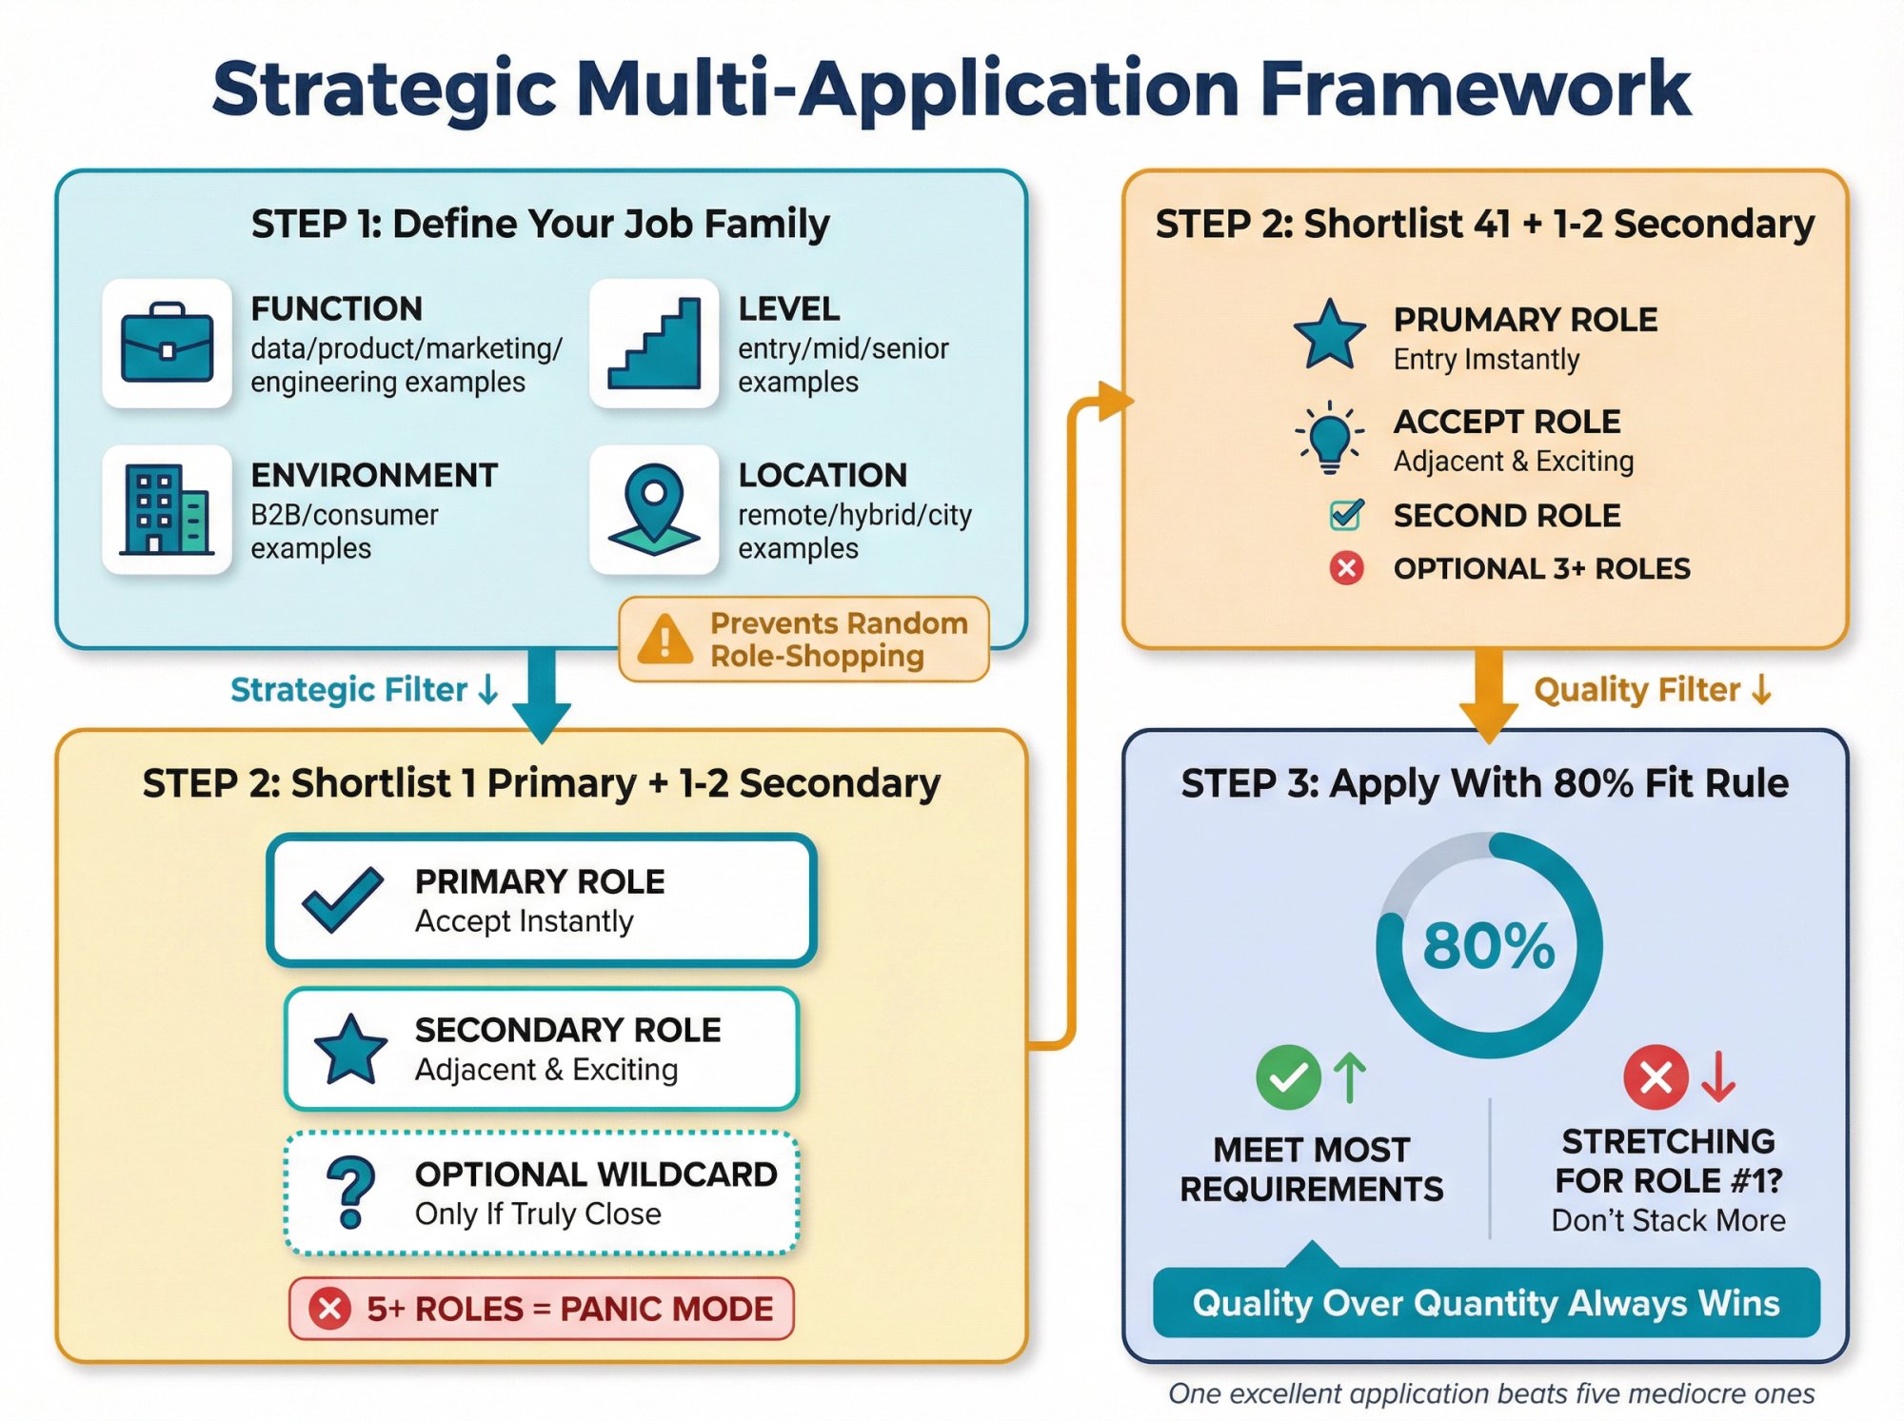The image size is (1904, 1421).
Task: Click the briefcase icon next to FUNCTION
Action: click(167, 344)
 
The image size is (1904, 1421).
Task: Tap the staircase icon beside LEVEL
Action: click(654, 344)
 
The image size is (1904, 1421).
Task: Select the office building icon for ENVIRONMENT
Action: click(167, 510)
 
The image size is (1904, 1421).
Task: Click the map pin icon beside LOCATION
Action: click(654, 510)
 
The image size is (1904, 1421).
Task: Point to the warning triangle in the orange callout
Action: click(664, 640)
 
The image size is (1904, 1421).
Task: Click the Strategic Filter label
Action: click(349, 690)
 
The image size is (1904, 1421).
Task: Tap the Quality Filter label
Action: click(1636, 690)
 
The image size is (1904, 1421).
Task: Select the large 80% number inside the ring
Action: click(1489, 946)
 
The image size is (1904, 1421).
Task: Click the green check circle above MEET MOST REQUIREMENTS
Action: click(1288, 1077)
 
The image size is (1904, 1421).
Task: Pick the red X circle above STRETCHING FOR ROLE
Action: click(1656, 1077)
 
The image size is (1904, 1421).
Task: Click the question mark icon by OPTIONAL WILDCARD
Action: click(350, 1193)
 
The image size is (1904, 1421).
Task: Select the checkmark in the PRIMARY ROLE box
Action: click(342, 899)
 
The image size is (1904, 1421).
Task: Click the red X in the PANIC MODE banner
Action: click(330, 1309)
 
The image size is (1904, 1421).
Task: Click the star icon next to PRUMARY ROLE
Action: click(1329, 335)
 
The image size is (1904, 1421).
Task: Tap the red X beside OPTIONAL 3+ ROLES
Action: click(1346, 569)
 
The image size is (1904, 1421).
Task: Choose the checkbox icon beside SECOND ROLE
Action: click(1346, 515)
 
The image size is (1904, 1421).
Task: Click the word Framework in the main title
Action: click(1475, 89)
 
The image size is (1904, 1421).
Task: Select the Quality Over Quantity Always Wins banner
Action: click(1486, 1303)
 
